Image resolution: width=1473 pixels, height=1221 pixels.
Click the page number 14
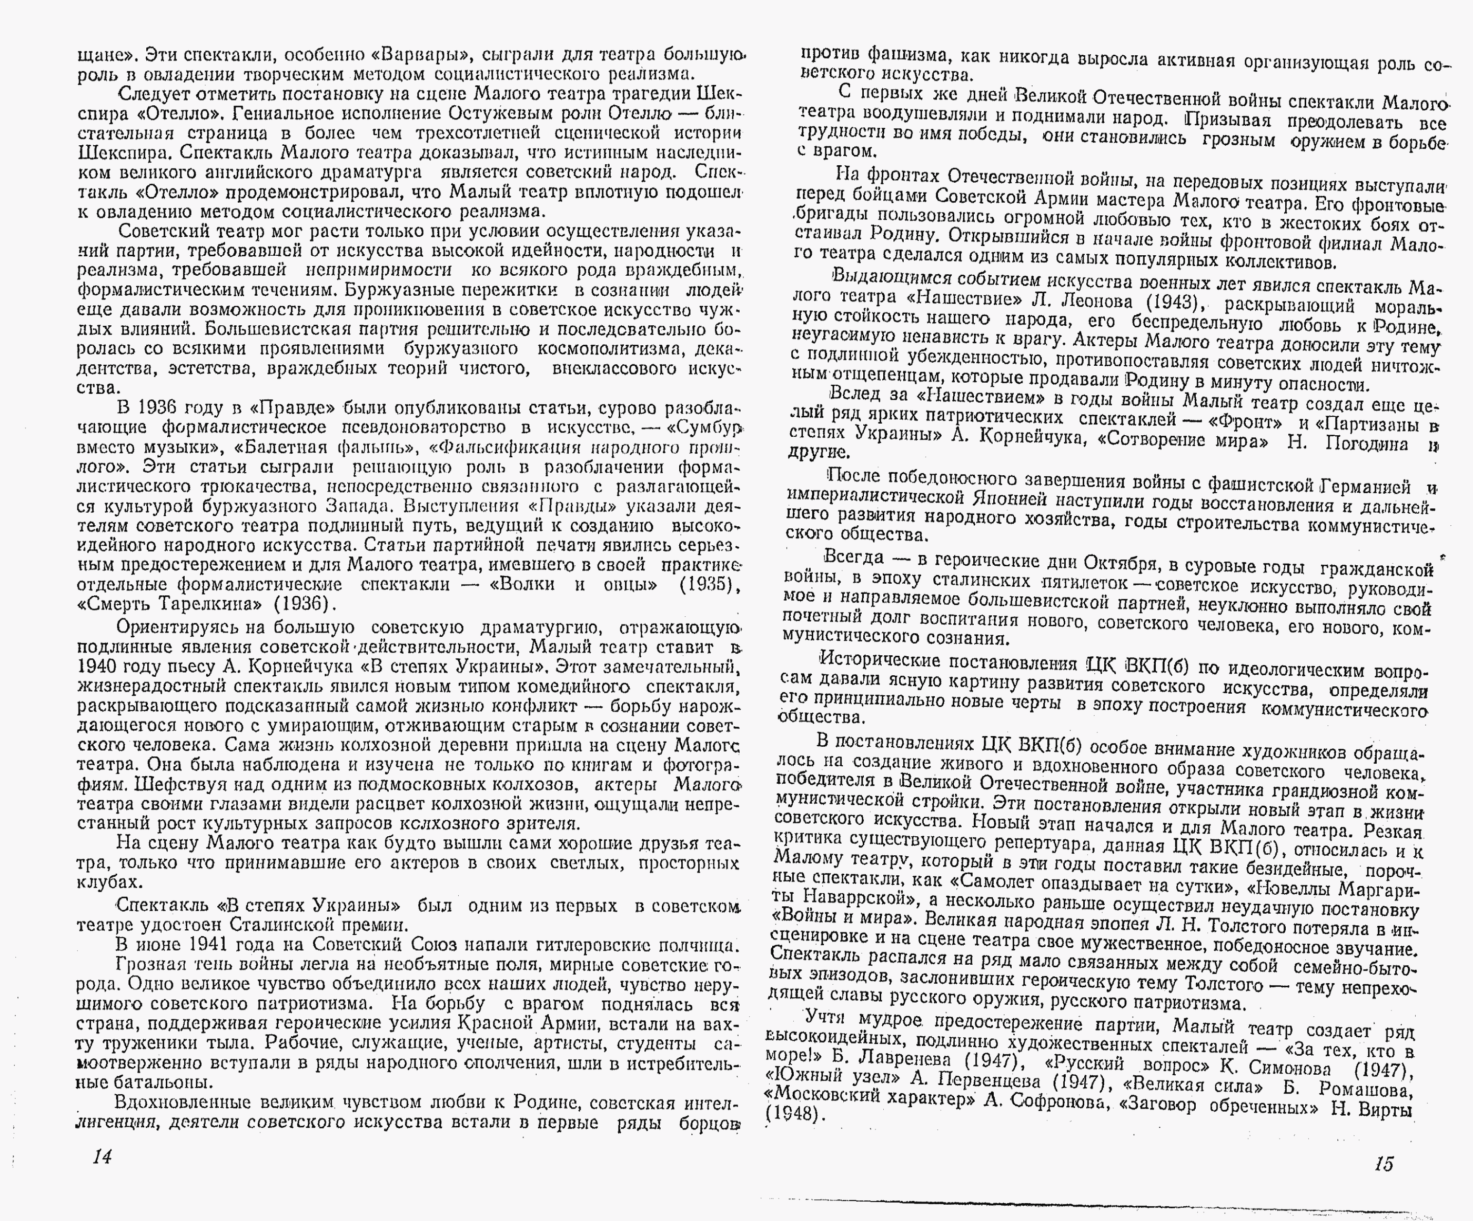point(103,1156)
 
